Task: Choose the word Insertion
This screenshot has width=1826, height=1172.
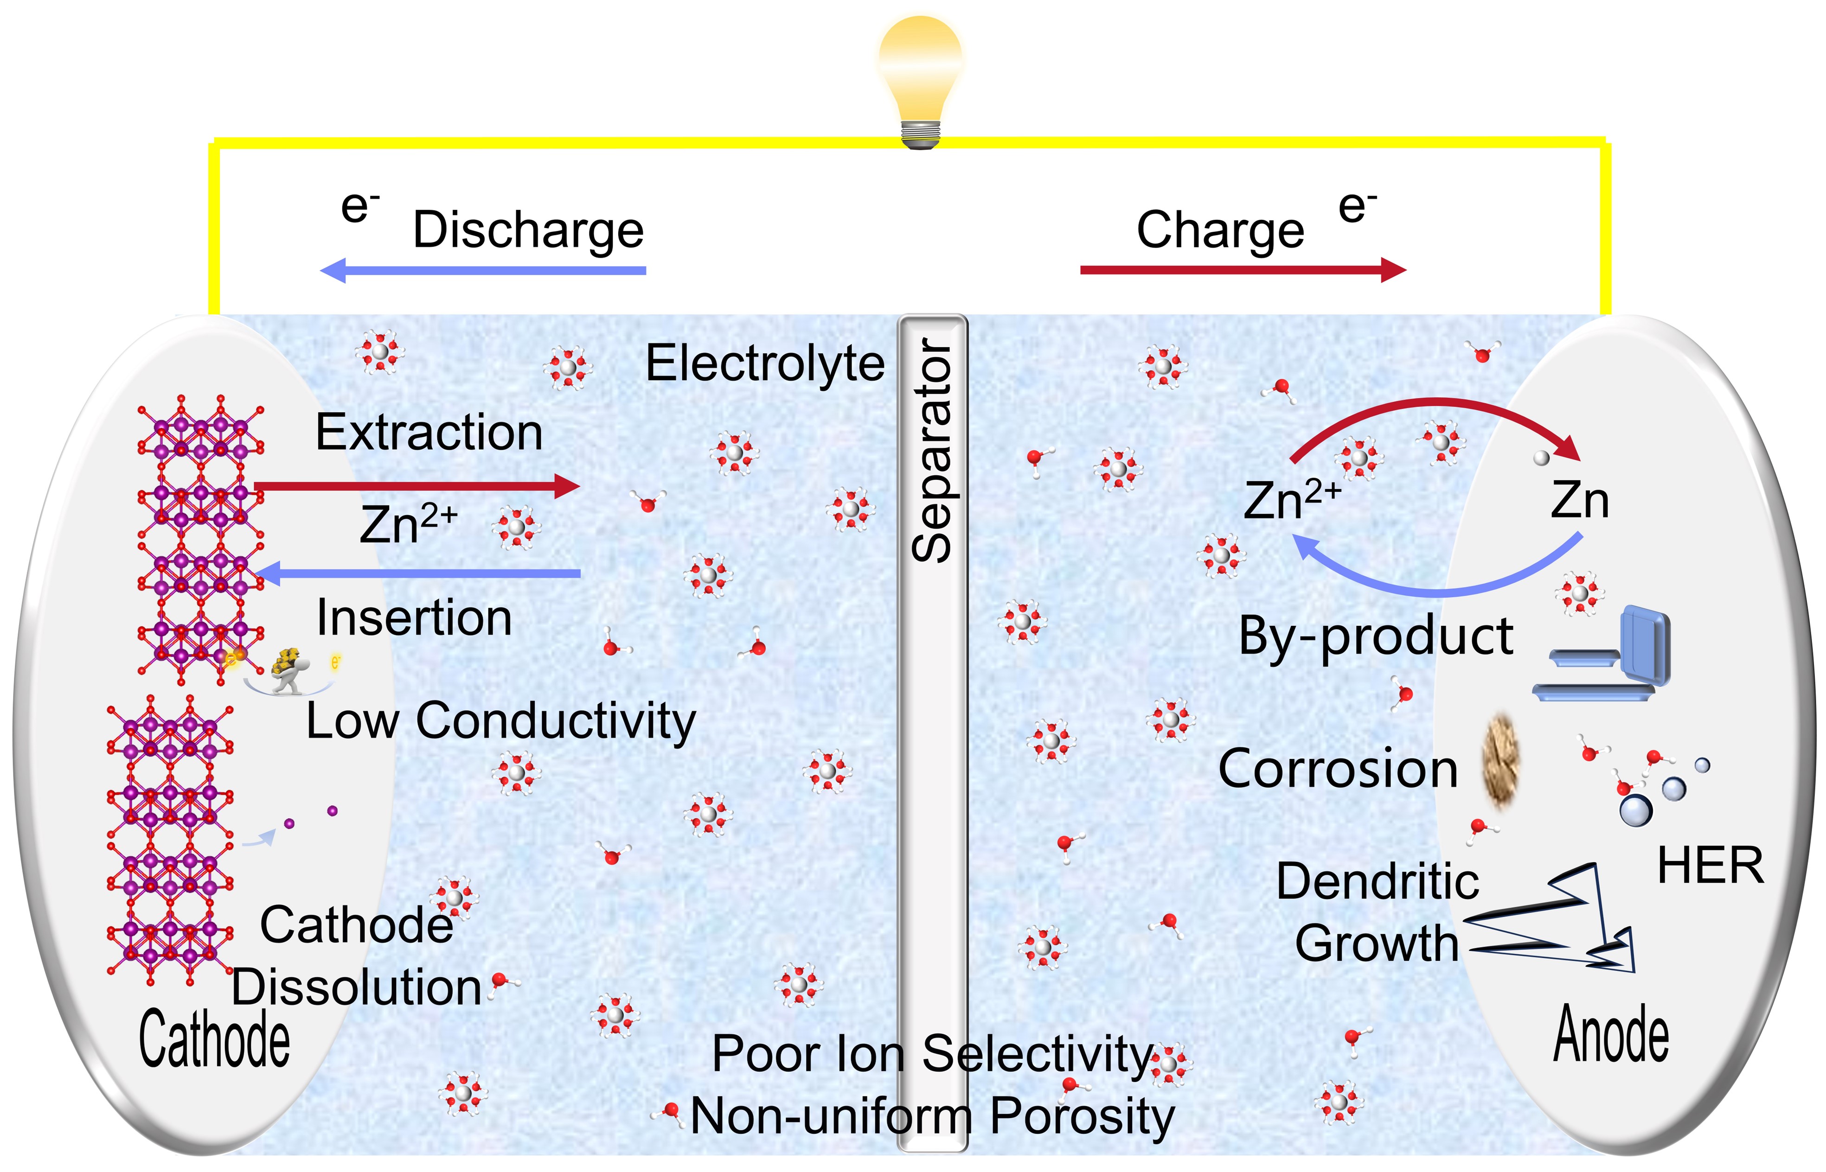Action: [414, 617]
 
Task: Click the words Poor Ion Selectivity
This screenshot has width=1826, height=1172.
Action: [932, 1054]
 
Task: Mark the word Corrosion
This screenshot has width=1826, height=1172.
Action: [1337, 769]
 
